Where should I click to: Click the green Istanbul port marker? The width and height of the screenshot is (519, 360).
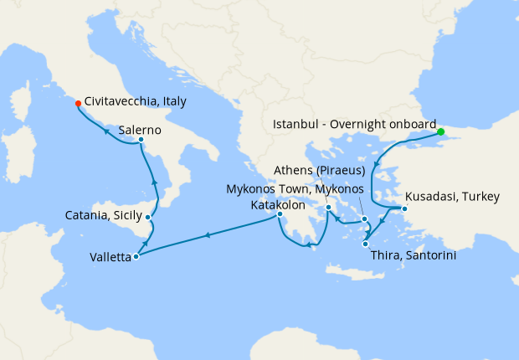[441, 131]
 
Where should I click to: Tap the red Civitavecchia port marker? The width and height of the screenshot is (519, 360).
[78, 104]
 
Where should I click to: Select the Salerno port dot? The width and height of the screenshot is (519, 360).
[141, 140]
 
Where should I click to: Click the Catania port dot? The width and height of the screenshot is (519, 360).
[148, 218]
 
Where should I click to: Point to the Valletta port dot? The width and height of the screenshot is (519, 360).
[136, 256]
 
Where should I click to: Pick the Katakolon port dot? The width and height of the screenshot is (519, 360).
[280, 215]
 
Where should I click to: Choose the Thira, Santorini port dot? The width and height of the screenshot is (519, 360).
[365, 244]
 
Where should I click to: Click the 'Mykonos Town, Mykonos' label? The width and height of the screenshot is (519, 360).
[295, 189]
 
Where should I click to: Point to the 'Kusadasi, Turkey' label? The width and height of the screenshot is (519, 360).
[452, 198]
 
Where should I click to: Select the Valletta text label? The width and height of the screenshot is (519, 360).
[110, 258]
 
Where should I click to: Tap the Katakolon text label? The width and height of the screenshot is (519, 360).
[278, 204]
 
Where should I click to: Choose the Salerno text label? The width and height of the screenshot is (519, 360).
[141, 130]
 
